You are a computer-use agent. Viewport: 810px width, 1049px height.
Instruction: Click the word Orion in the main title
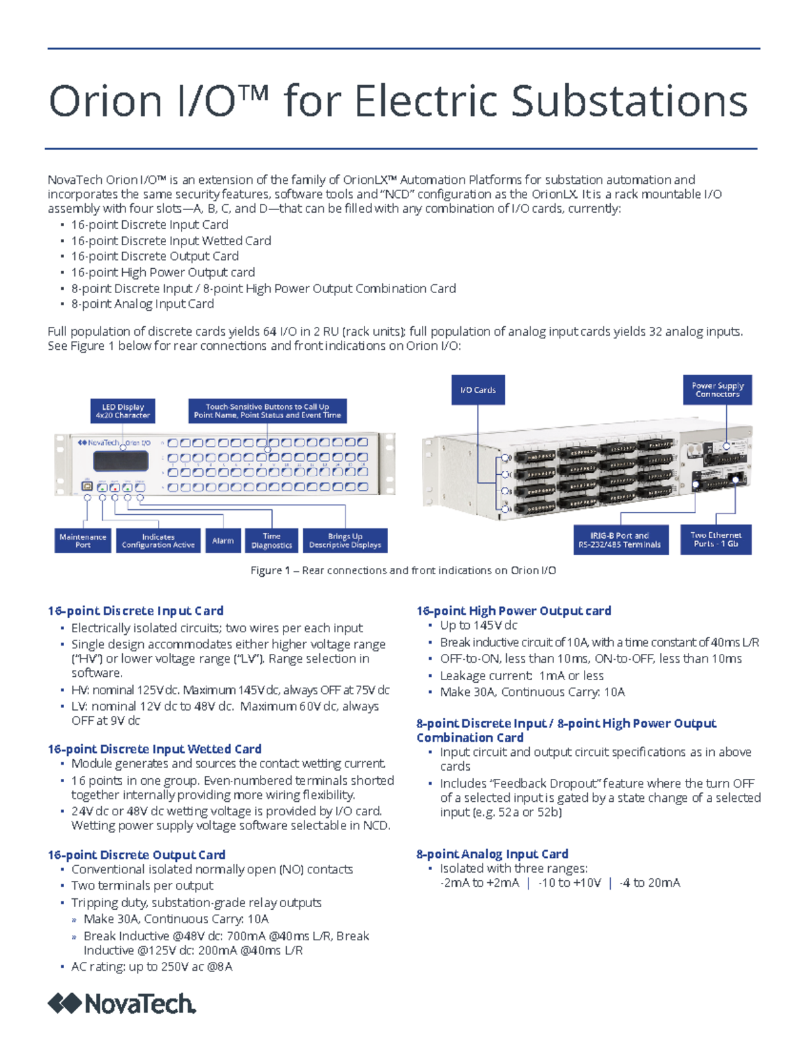click(x=106, y=101)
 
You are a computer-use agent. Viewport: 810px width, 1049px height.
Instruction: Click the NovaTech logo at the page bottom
click(x=122, y=1004)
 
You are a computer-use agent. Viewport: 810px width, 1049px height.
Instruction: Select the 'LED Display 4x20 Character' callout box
click(x=123, y=411)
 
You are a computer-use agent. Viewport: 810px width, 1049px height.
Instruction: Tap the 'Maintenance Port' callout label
click(x=83, y=540)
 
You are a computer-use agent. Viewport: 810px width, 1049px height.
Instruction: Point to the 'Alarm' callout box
click(x=223, y=540)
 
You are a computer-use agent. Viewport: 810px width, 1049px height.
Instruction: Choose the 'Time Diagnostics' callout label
click(x=271, y=540)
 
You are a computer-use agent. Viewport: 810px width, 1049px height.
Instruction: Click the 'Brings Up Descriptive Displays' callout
click(x=345, y=540)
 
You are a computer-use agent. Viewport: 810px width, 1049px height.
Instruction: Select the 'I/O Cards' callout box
click(x=478, y=390)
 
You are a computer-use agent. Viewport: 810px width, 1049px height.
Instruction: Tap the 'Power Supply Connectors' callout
click(x=718, y=390)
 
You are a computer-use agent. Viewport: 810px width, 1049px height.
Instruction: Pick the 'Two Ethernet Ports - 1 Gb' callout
click(x=716, y=539)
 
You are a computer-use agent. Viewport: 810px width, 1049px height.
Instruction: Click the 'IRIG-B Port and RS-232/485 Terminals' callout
click(x=620, y=540)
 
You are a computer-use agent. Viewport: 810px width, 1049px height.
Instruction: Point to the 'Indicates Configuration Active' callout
click(x=158, y=540)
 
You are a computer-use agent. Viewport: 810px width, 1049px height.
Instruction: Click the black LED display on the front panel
click(x=121, y=461)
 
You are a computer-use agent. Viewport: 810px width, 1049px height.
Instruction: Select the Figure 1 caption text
click(x=403, y=570)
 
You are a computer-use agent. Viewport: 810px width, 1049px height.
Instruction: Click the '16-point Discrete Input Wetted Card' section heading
click(x=155, y=748)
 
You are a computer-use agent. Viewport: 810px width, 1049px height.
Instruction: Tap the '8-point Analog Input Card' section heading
click(x=492, y=854)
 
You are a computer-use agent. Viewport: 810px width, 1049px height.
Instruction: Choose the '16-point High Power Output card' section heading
click(x=514, y=611)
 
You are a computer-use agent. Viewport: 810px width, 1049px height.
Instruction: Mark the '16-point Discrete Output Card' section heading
click(x=136, y=854)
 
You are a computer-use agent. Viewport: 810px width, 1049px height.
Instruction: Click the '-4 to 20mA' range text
click(x=649, y=883)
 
